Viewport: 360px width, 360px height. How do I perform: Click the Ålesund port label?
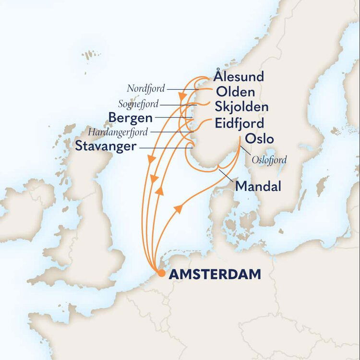click(239, 77)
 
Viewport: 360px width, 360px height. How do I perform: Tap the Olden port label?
click(235, 92)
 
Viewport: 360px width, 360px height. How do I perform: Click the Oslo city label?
click(259, 139)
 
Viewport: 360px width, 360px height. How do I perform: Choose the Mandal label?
click(258, 186)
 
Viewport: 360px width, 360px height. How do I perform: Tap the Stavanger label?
click(106, 147)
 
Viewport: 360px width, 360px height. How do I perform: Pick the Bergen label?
click(131, 118)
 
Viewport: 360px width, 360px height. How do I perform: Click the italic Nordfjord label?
click(146, 88)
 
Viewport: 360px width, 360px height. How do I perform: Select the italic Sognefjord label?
click(139, 104)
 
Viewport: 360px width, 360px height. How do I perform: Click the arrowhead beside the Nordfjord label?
click(182, 97)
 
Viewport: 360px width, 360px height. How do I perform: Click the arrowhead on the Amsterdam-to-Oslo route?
click(179, 208)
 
